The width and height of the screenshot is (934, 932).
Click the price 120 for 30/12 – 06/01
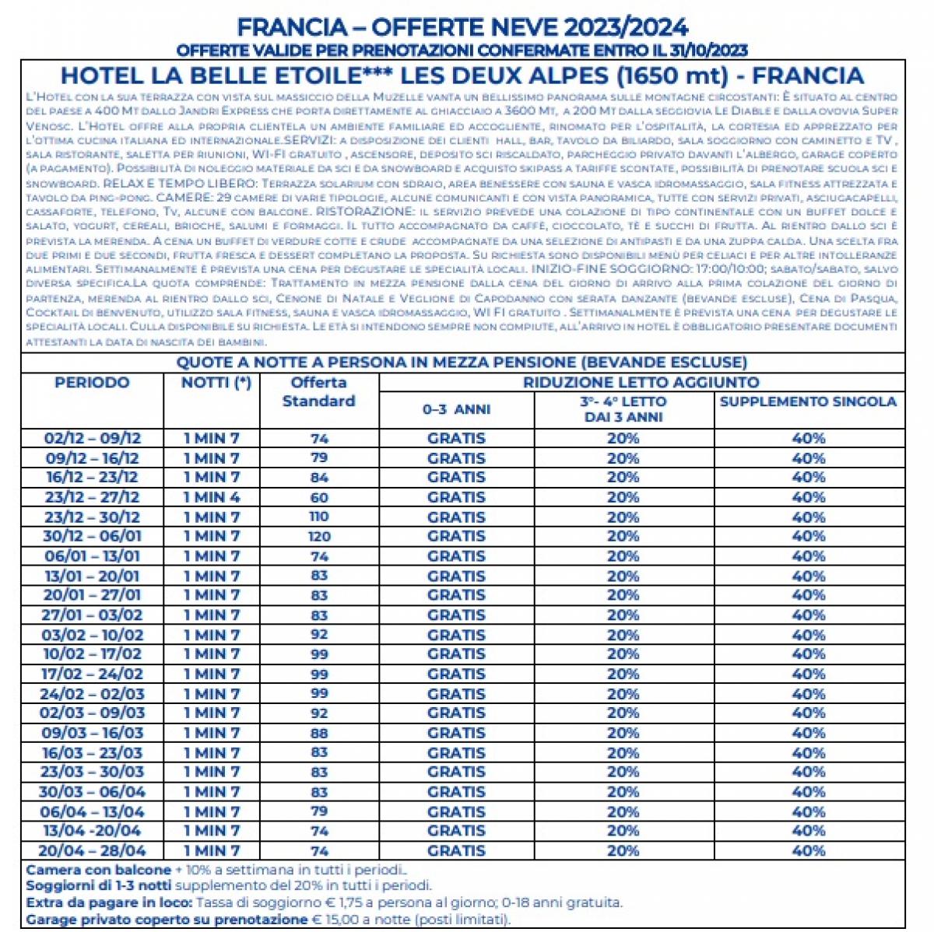[x=319, y=536]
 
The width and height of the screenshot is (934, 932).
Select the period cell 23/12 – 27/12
[x=92, y=497]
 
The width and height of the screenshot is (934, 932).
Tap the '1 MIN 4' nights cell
[x=211, y=497]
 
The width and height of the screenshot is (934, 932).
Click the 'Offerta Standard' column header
[x=318, y=392]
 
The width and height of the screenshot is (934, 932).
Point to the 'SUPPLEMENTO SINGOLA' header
[x=808, y=402]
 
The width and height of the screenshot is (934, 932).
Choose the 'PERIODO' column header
[x=92, y=383]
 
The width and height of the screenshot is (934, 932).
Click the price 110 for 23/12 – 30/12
[x=319, y=517]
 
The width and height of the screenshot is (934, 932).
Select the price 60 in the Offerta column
[x=319, y=497]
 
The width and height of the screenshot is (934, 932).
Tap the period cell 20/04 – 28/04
[x=92, y=850]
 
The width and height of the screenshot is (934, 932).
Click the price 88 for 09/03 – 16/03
[x=319, y=733]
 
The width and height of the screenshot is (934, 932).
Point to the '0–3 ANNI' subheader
[x=456, y=409]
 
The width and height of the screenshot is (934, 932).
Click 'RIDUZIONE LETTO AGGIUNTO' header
[x=641, y=382]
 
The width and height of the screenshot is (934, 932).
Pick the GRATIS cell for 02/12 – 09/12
[x=456, y=438]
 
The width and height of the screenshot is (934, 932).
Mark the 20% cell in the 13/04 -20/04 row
[x=623, y=831]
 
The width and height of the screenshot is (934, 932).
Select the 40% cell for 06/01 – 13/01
[x=808, y=556]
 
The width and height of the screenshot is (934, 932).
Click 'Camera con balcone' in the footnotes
[x=98, y=870]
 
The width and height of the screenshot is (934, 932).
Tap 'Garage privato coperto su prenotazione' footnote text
[x=167, y=920]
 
